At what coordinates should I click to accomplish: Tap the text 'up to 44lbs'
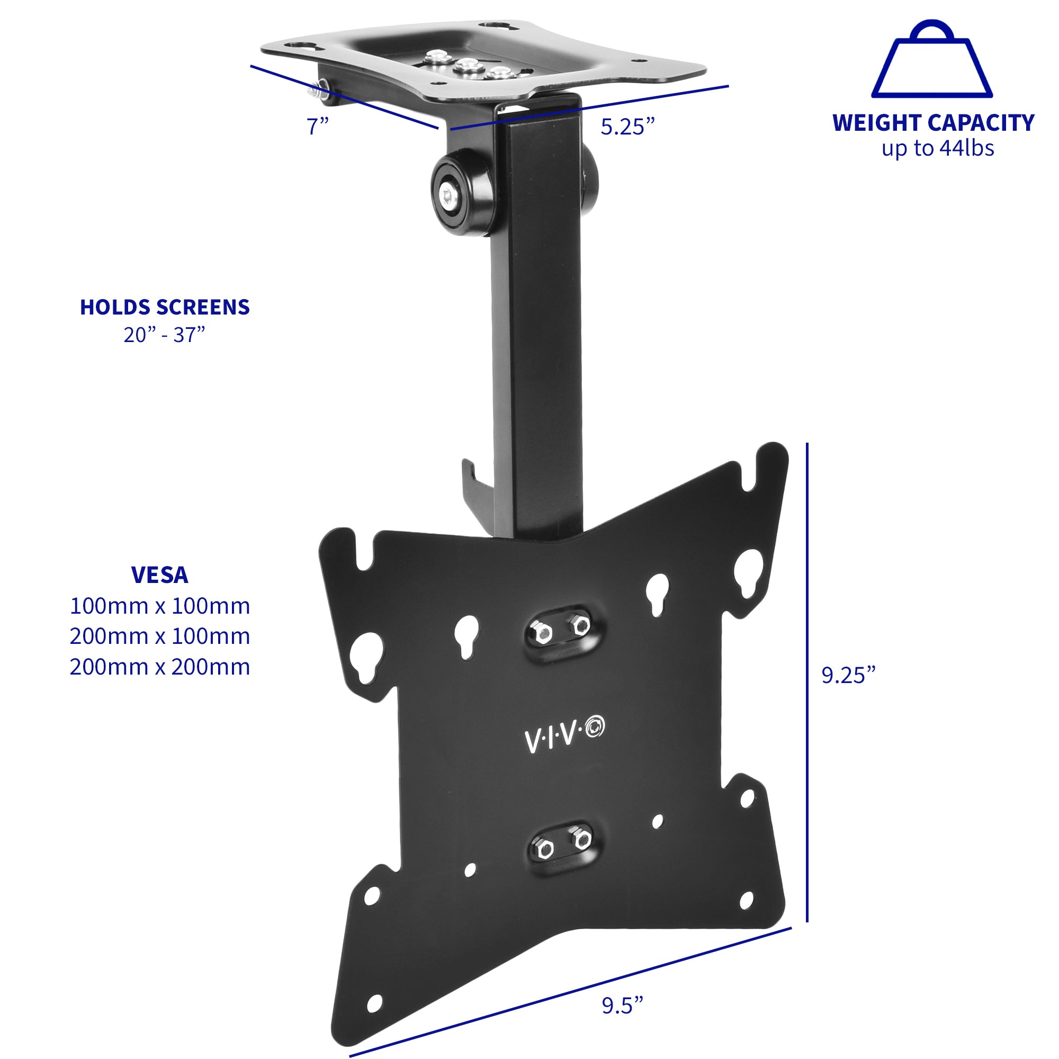[x=937, y=149]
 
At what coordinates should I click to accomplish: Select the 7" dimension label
[x=317, y=127]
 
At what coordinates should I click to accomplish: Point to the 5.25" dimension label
[x=627, y=127]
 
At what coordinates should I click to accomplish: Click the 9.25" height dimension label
[x=848, y=675]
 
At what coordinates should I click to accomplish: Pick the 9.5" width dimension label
[x=622, y=1006]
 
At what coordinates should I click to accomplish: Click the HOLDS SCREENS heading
[x=165, y=307]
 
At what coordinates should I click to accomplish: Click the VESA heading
[x=159, y=575]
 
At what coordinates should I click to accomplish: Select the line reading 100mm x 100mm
[x=159, y=606]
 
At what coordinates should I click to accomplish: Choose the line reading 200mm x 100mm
[x=159, y=636]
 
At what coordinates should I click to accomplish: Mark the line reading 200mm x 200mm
[x=159, y=667]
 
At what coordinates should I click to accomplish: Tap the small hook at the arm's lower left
[x=471, y=482]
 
